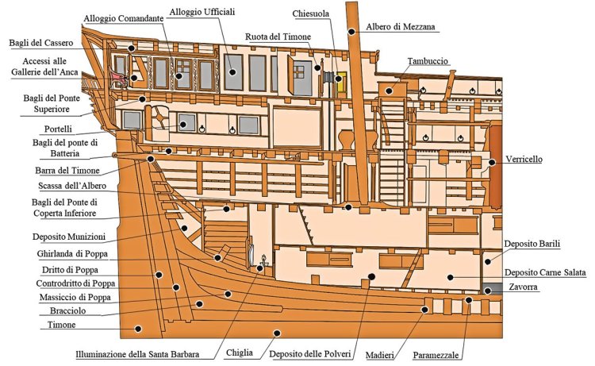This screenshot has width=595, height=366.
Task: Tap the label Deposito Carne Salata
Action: (x=545, y=272)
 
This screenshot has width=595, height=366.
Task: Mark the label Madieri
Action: (x=386, y=354)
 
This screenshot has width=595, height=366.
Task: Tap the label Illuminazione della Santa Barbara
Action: (x=137, y=354)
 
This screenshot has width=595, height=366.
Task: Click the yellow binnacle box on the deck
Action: (x=342, y=81)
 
